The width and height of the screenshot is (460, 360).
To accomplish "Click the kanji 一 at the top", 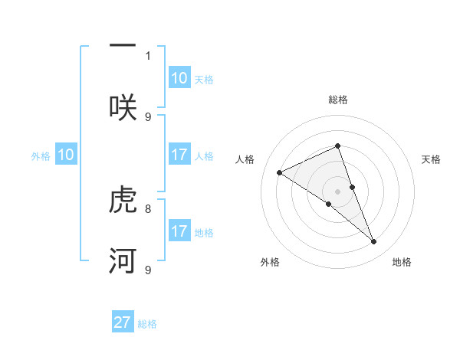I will point(123,45).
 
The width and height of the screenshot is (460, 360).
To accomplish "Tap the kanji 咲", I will point(123,106).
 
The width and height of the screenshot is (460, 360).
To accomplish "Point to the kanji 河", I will point(123,260).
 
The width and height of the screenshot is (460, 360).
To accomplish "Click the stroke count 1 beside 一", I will point(148,56).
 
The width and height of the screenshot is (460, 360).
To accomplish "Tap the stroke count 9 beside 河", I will point(148,270).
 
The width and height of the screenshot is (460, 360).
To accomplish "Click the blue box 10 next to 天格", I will point(179,78).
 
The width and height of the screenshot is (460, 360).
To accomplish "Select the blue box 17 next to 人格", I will point(179,155).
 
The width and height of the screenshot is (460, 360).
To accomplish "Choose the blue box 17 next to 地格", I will point(179,231).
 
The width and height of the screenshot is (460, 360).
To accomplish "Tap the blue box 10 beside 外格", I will point(66,155).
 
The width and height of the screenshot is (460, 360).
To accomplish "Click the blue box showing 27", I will point(123,322).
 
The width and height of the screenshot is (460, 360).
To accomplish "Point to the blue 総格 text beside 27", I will point(147,324).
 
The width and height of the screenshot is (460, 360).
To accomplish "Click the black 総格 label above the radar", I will point(337,100).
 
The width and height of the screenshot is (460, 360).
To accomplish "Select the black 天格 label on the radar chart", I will point(431,159).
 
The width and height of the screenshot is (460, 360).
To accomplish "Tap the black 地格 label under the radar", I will point(402,263).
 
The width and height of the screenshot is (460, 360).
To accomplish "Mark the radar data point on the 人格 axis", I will point(279,172).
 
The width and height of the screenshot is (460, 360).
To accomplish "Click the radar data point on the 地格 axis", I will point(374,242).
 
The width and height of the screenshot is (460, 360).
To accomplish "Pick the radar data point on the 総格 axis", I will point(337,146).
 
